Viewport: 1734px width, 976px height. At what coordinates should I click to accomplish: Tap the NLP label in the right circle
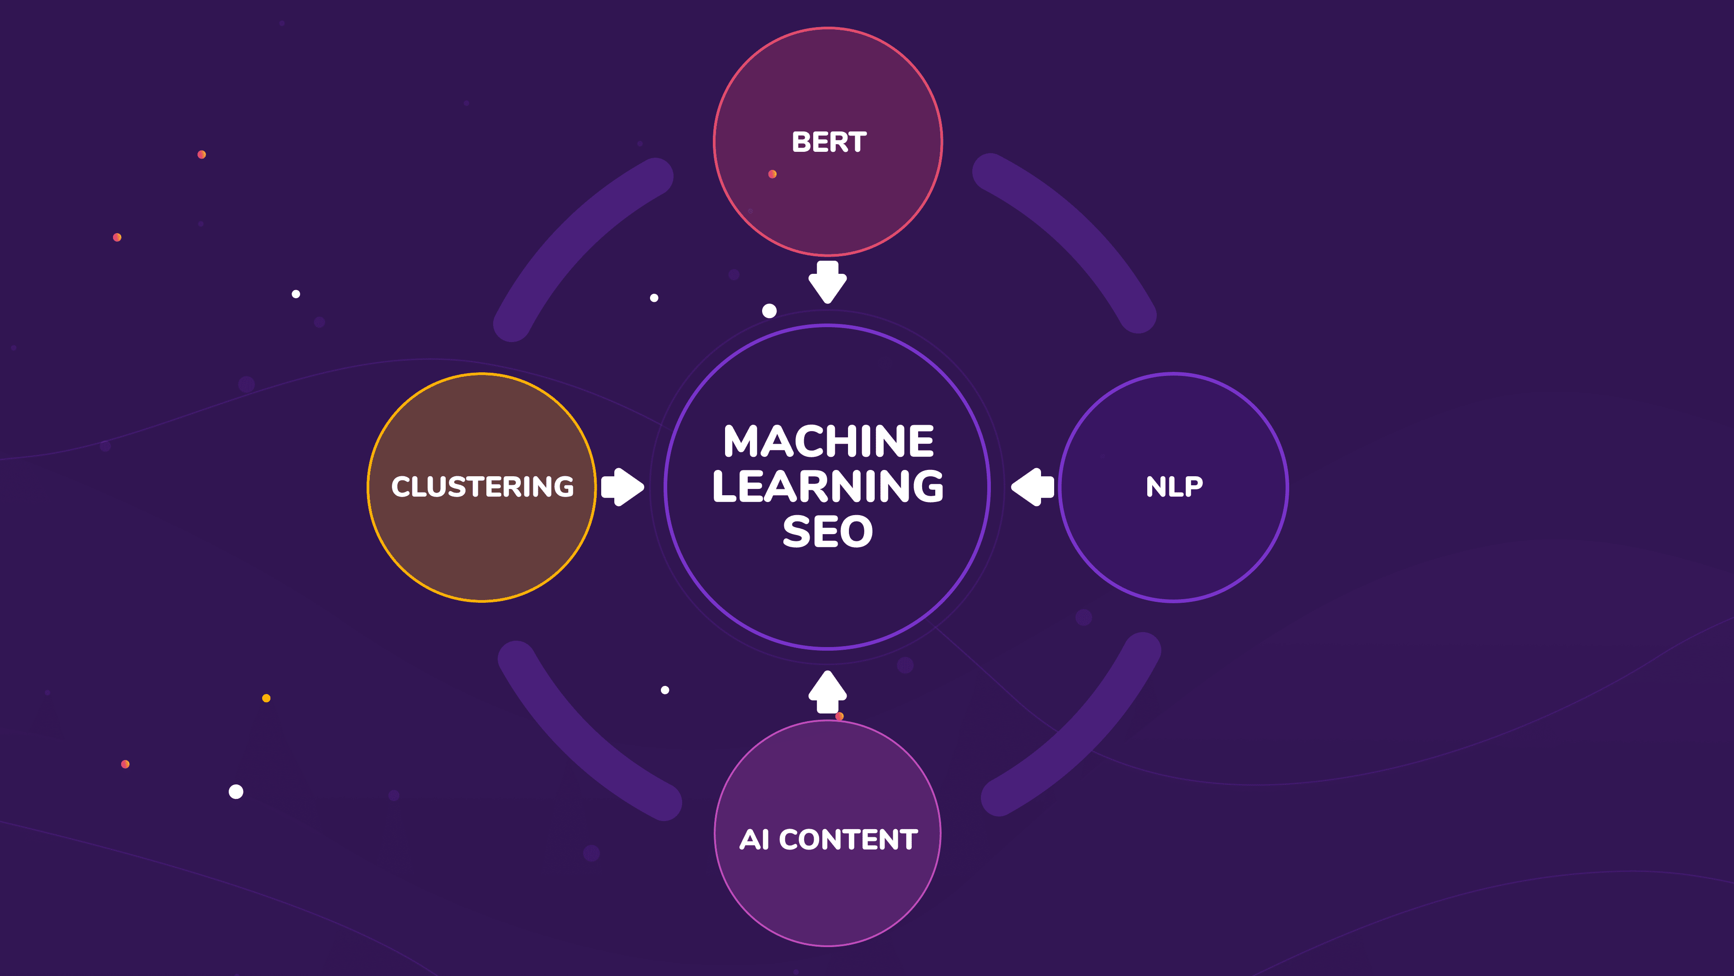tap(1174, 486)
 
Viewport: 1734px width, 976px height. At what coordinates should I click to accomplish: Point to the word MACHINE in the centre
tap(828, 441)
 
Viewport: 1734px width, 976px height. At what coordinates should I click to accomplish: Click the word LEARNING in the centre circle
tap(828, 486)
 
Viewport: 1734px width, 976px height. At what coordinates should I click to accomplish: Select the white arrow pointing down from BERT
tap(827, 282)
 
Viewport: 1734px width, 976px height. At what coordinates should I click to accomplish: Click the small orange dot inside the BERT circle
tap(772, 174)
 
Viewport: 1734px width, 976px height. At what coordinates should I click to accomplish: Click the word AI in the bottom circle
tap(754, 840)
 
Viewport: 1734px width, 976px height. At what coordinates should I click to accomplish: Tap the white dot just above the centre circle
tap(769, 311)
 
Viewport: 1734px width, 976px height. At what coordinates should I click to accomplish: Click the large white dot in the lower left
tap(236, 792)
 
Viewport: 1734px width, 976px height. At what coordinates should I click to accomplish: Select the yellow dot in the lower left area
tap(266, 698)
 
